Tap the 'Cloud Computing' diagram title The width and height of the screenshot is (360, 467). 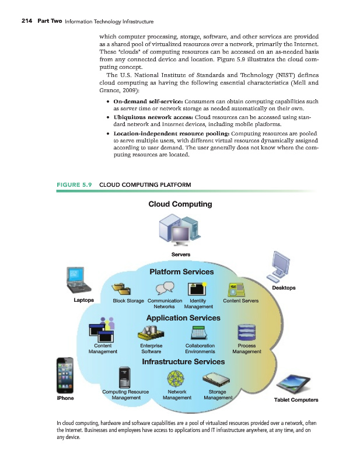180,204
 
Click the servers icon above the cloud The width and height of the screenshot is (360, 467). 180,231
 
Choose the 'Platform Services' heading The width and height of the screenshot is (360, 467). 181,272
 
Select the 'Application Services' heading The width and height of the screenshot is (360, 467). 183,318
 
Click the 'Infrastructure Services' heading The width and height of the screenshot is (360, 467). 183,362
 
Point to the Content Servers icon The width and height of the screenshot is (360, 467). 239,289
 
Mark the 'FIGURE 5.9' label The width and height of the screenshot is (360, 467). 74,186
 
